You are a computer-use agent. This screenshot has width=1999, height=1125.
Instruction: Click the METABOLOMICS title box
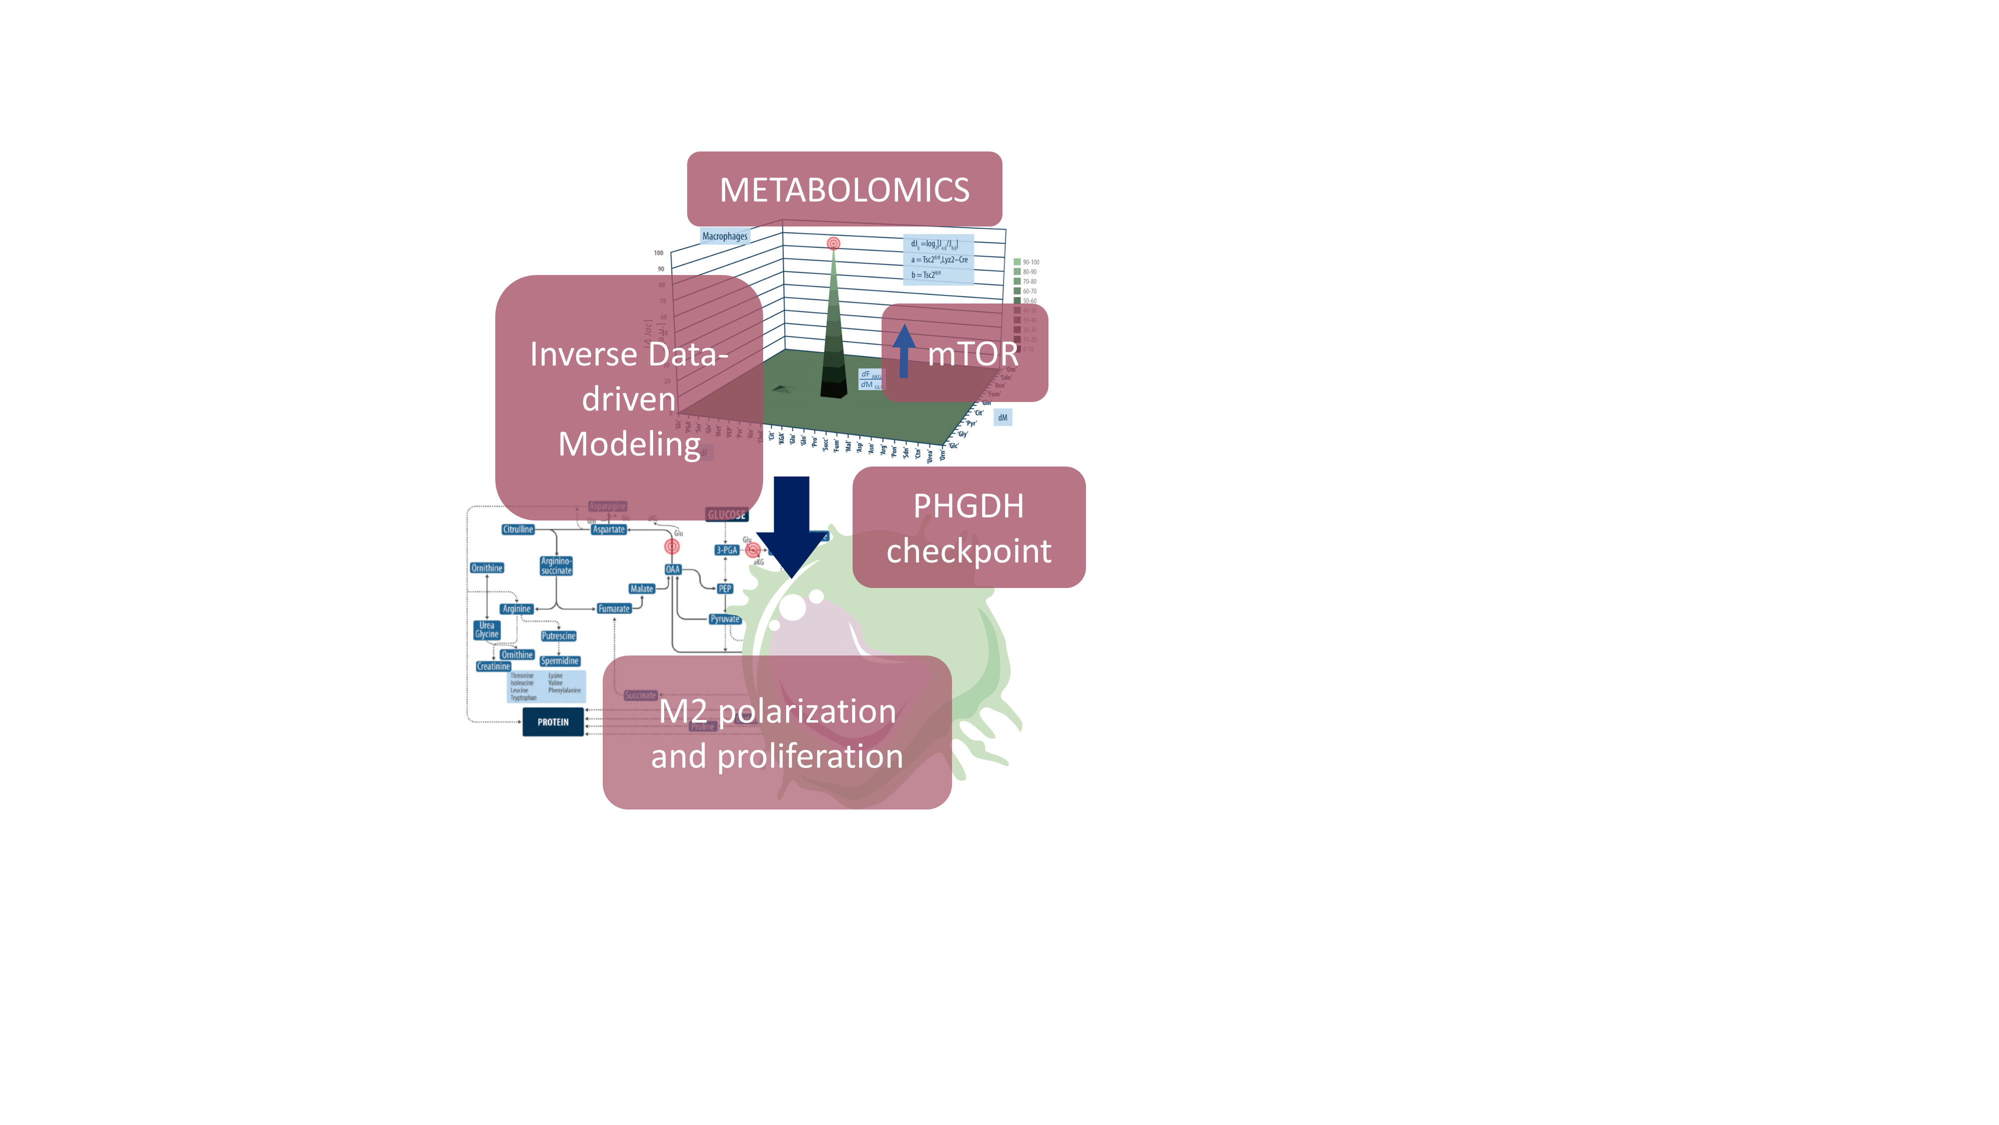(844, 189)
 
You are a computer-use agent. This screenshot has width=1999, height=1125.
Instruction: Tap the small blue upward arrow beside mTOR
(903, 351)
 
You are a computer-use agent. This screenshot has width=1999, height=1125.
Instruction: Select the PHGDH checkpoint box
(969, 527)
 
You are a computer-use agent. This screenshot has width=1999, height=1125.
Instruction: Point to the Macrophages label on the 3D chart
(724, 236)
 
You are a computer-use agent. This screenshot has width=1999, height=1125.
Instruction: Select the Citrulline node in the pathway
(518, 529)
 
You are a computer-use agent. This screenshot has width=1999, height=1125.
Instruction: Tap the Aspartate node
(608, 529)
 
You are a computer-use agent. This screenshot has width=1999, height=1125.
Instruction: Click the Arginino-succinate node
(556, 566)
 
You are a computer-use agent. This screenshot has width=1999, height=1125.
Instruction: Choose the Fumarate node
(614, 608)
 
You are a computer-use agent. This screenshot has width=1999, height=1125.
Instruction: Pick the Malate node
(641, 588)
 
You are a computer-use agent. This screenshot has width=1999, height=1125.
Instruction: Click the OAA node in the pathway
(672, 569)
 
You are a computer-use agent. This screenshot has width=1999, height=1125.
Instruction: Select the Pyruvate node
(725, 619)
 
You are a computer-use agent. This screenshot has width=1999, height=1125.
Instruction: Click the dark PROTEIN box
(553, 722)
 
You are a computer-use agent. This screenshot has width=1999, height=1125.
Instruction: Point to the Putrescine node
(558, 636)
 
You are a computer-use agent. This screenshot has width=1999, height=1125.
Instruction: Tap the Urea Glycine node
(487, 629)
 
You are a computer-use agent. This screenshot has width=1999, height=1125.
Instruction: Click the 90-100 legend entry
(1026, 262)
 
